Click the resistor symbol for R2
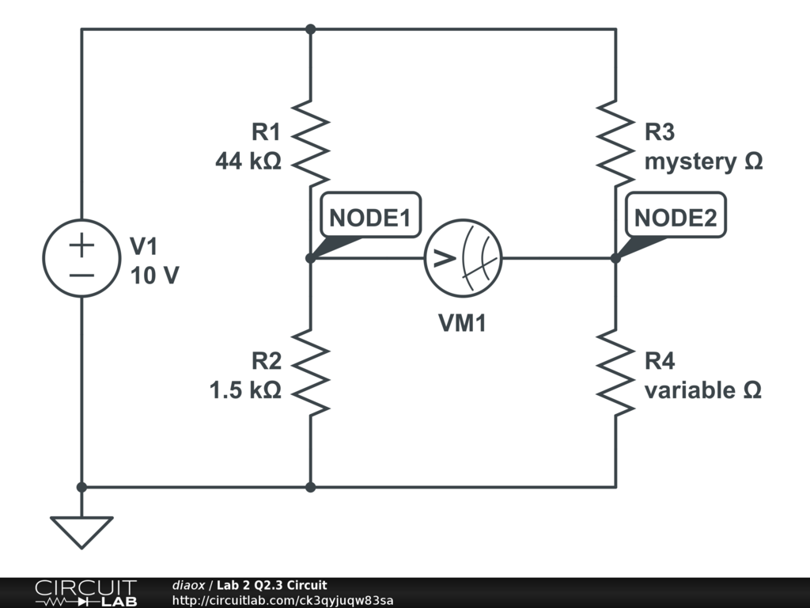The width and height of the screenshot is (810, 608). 311,372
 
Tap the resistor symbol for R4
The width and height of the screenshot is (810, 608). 615,372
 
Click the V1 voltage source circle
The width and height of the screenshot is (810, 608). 81,258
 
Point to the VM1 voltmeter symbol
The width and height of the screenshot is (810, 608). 464,258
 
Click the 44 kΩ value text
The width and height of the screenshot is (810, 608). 248,161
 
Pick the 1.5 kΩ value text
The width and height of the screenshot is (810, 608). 245,390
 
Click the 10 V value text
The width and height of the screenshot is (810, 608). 154,276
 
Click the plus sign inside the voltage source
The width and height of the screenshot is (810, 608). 81,245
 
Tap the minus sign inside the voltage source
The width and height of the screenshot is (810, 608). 81,275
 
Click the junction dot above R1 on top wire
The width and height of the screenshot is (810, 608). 311,29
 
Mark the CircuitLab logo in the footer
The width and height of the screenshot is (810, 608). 85,593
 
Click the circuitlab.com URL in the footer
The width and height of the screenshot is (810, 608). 282,600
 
